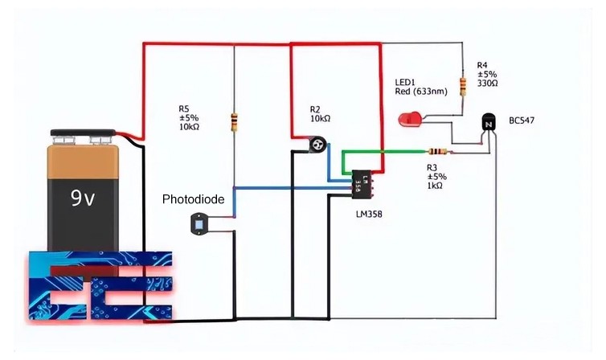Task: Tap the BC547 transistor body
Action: tap(488, 123)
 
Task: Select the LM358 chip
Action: tap(358, 182)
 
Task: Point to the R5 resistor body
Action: tap(233, 122)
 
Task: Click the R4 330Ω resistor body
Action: tap(463, 85)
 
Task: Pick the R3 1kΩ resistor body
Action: tap(436, 151)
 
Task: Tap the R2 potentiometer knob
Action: tap(318, 145)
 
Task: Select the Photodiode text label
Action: tap(193, 198)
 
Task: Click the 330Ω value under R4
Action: tap(487, 83)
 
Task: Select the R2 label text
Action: tap(316, 108)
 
